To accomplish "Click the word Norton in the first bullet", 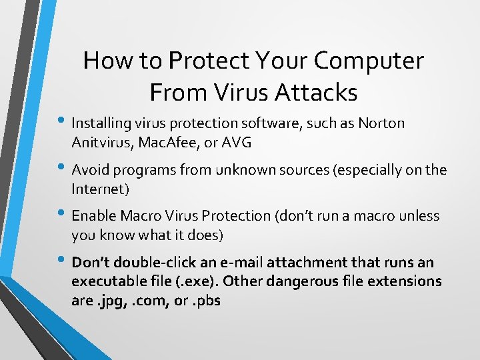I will click(x=381, y=123).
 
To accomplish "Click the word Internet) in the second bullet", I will click(x=100, y=189).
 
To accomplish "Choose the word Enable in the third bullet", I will click(x=94, y=216).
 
